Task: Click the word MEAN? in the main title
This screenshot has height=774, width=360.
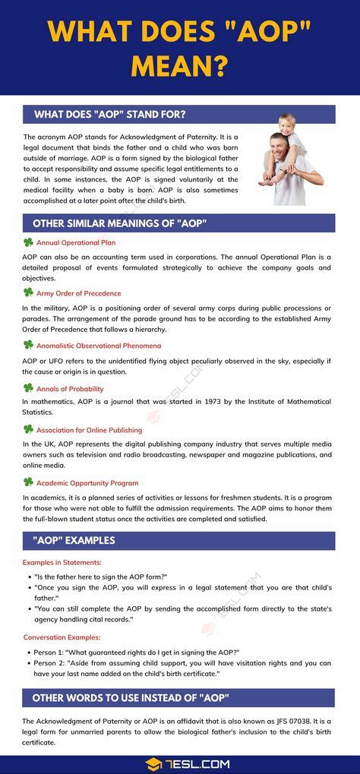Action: [179, 66]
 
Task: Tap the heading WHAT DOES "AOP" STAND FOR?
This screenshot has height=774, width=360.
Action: [110, 115]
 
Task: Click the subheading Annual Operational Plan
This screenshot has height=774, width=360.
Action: [76, 243]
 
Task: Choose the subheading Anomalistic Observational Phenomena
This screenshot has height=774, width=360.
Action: [94, 345]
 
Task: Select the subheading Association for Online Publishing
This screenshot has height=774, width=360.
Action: [89, 430]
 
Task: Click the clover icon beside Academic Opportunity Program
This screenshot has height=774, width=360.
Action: [28, 482]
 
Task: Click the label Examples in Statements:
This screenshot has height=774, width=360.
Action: [62, 562]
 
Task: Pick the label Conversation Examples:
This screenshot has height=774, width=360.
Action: [62, 637]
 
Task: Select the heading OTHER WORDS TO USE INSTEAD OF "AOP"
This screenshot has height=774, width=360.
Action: [131, 698]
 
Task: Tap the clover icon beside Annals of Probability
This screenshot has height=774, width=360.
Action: [28, 388]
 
